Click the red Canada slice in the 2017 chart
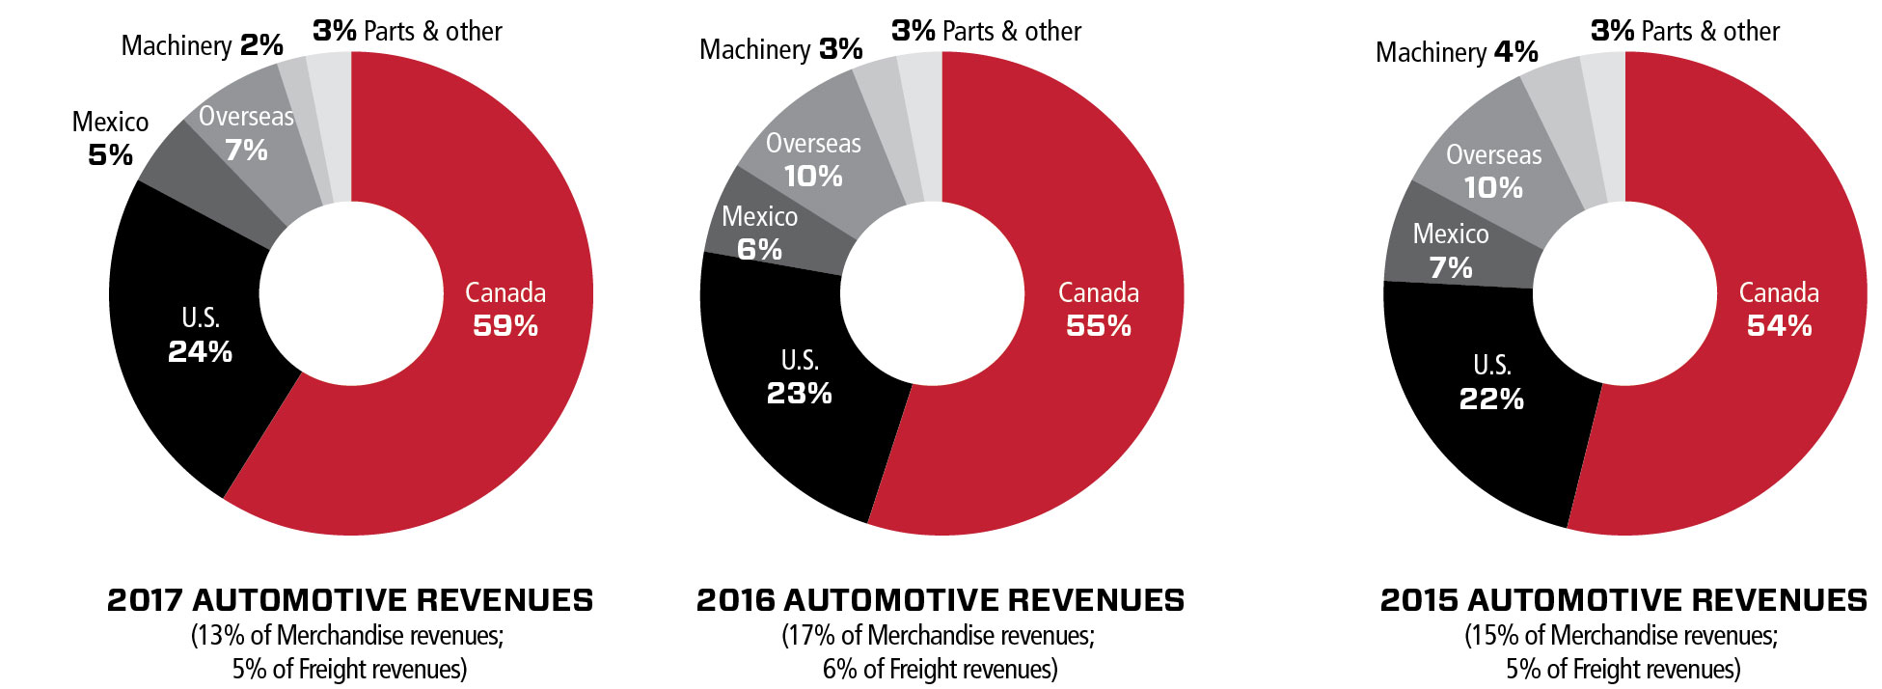click(482, 405)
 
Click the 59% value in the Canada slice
click(505, 326)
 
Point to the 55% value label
click(1098, 326)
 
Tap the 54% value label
click(1779, 326)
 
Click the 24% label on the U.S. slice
click(200, 352)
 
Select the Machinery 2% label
click(202, 45)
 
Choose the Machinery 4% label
click(1456, 52)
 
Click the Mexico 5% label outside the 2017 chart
click(110, 138)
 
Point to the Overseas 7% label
click(246, 133)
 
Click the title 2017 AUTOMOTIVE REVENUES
click(350, 600)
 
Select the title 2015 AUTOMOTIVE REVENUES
click(1623, 600)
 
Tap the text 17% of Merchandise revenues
click(938, 636)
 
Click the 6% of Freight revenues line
click(940, 670)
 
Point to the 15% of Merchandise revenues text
click(1622, 636)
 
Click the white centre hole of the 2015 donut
click(1624, 293)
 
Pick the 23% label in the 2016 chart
click(799, 394)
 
